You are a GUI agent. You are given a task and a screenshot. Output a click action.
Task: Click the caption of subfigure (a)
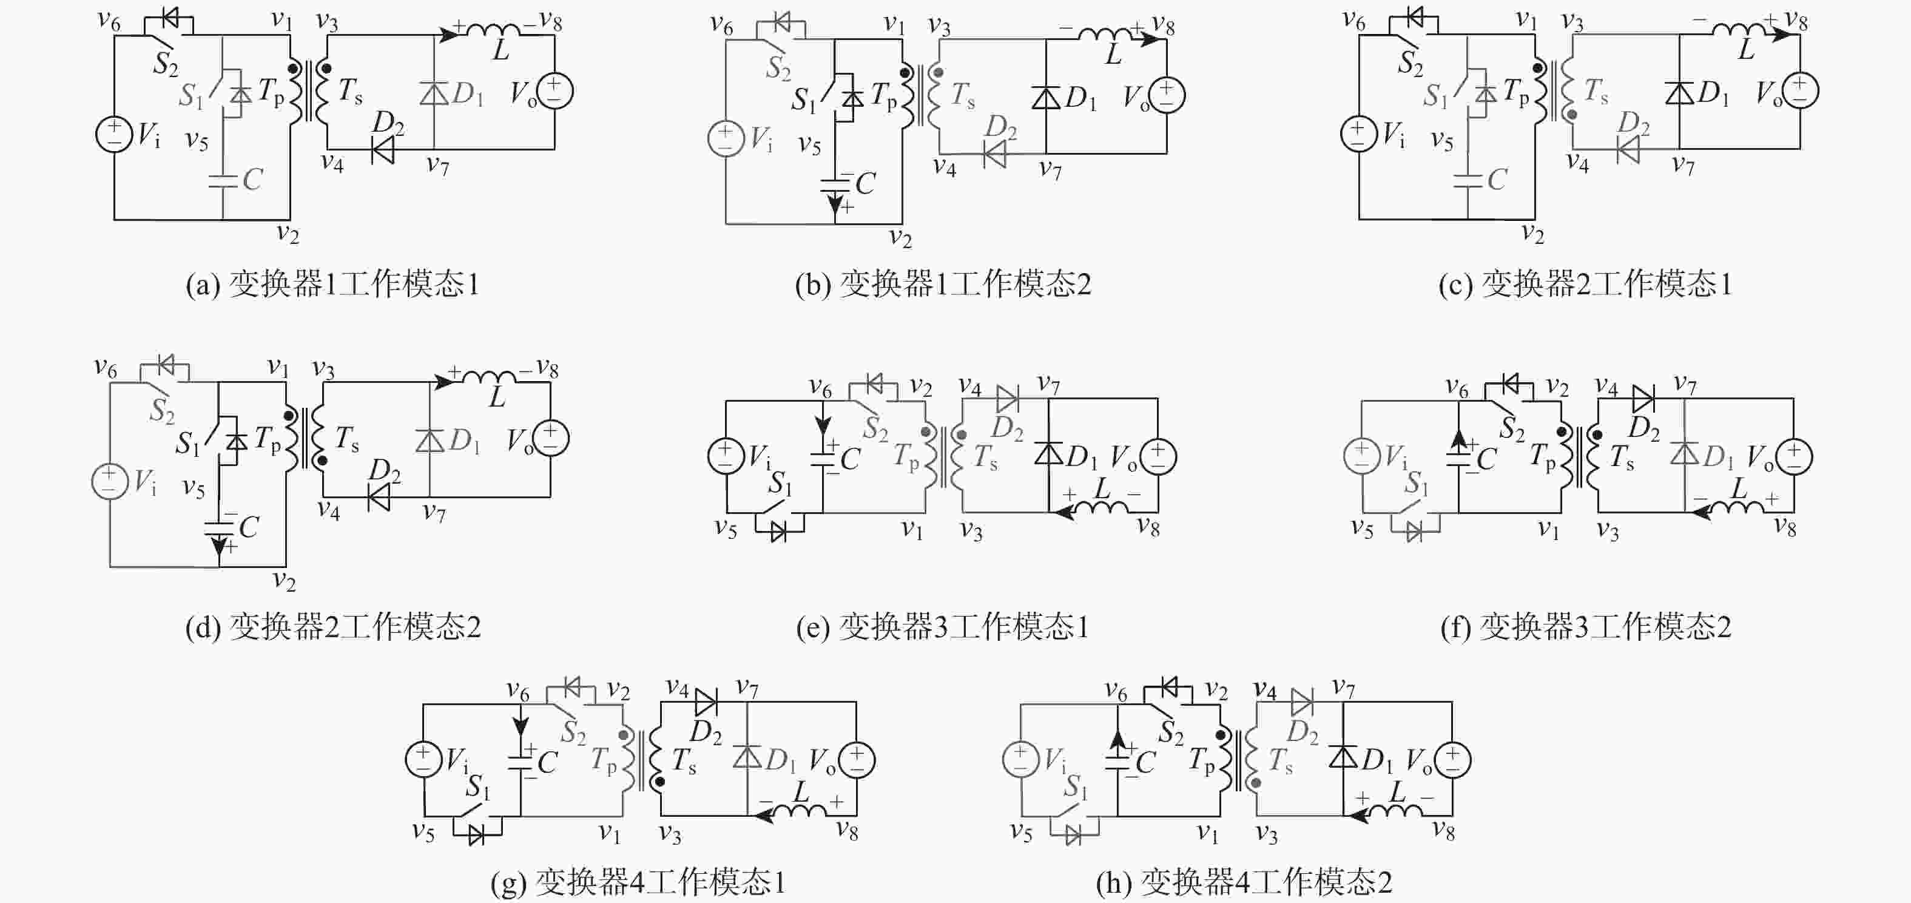[x=333, y=284]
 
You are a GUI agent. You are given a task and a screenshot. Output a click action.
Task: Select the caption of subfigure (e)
[x=942, y=627]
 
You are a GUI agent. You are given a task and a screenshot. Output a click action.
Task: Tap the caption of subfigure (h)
[x=1244, y=882]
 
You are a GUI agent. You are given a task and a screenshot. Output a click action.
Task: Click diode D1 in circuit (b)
[x=1046, y=97]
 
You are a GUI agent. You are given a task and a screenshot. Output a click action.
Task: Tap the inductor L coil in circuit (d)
[x=489, y=377]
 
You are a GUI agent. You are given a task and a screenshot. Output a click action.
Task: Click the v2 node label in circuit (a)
[x=287, y=234]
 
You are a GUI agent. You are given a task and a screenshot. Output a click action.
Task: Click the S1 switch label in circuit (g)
[x=478, y=786]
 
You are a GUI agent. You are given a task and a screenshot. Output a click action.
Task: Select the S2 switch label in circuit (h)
[x=1171, y=733]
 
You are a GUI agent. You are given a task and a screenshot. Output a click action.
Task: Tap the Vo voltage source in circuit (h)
[x=1452, y=760]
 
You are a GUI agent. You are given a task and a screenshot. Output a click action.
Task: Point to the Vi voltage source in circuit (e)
[x=726, y=456]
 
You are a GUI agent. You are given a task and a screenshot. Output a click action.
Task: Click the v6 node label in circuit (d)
[x=106, y=367]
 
